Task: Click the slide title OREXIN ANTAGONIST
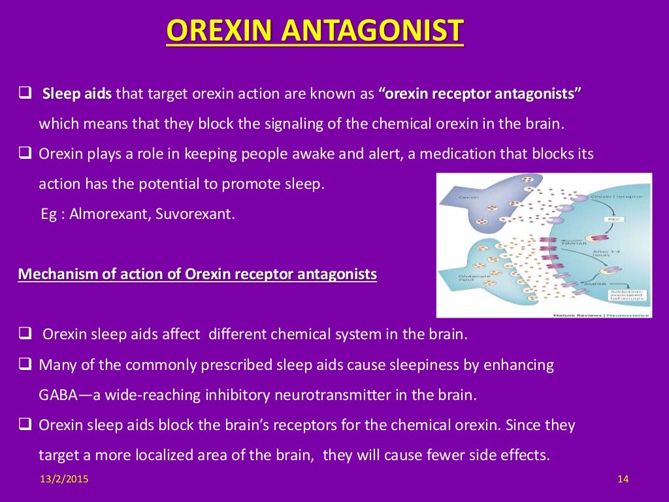[x=314, y=31]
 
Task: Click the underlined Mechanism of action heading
[x=197, y=275]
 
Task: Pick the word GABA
[x=57, y=395]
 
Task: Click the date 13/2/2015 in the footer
[x=63, y=480]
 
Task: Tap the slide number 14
[x=622, y=480]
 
